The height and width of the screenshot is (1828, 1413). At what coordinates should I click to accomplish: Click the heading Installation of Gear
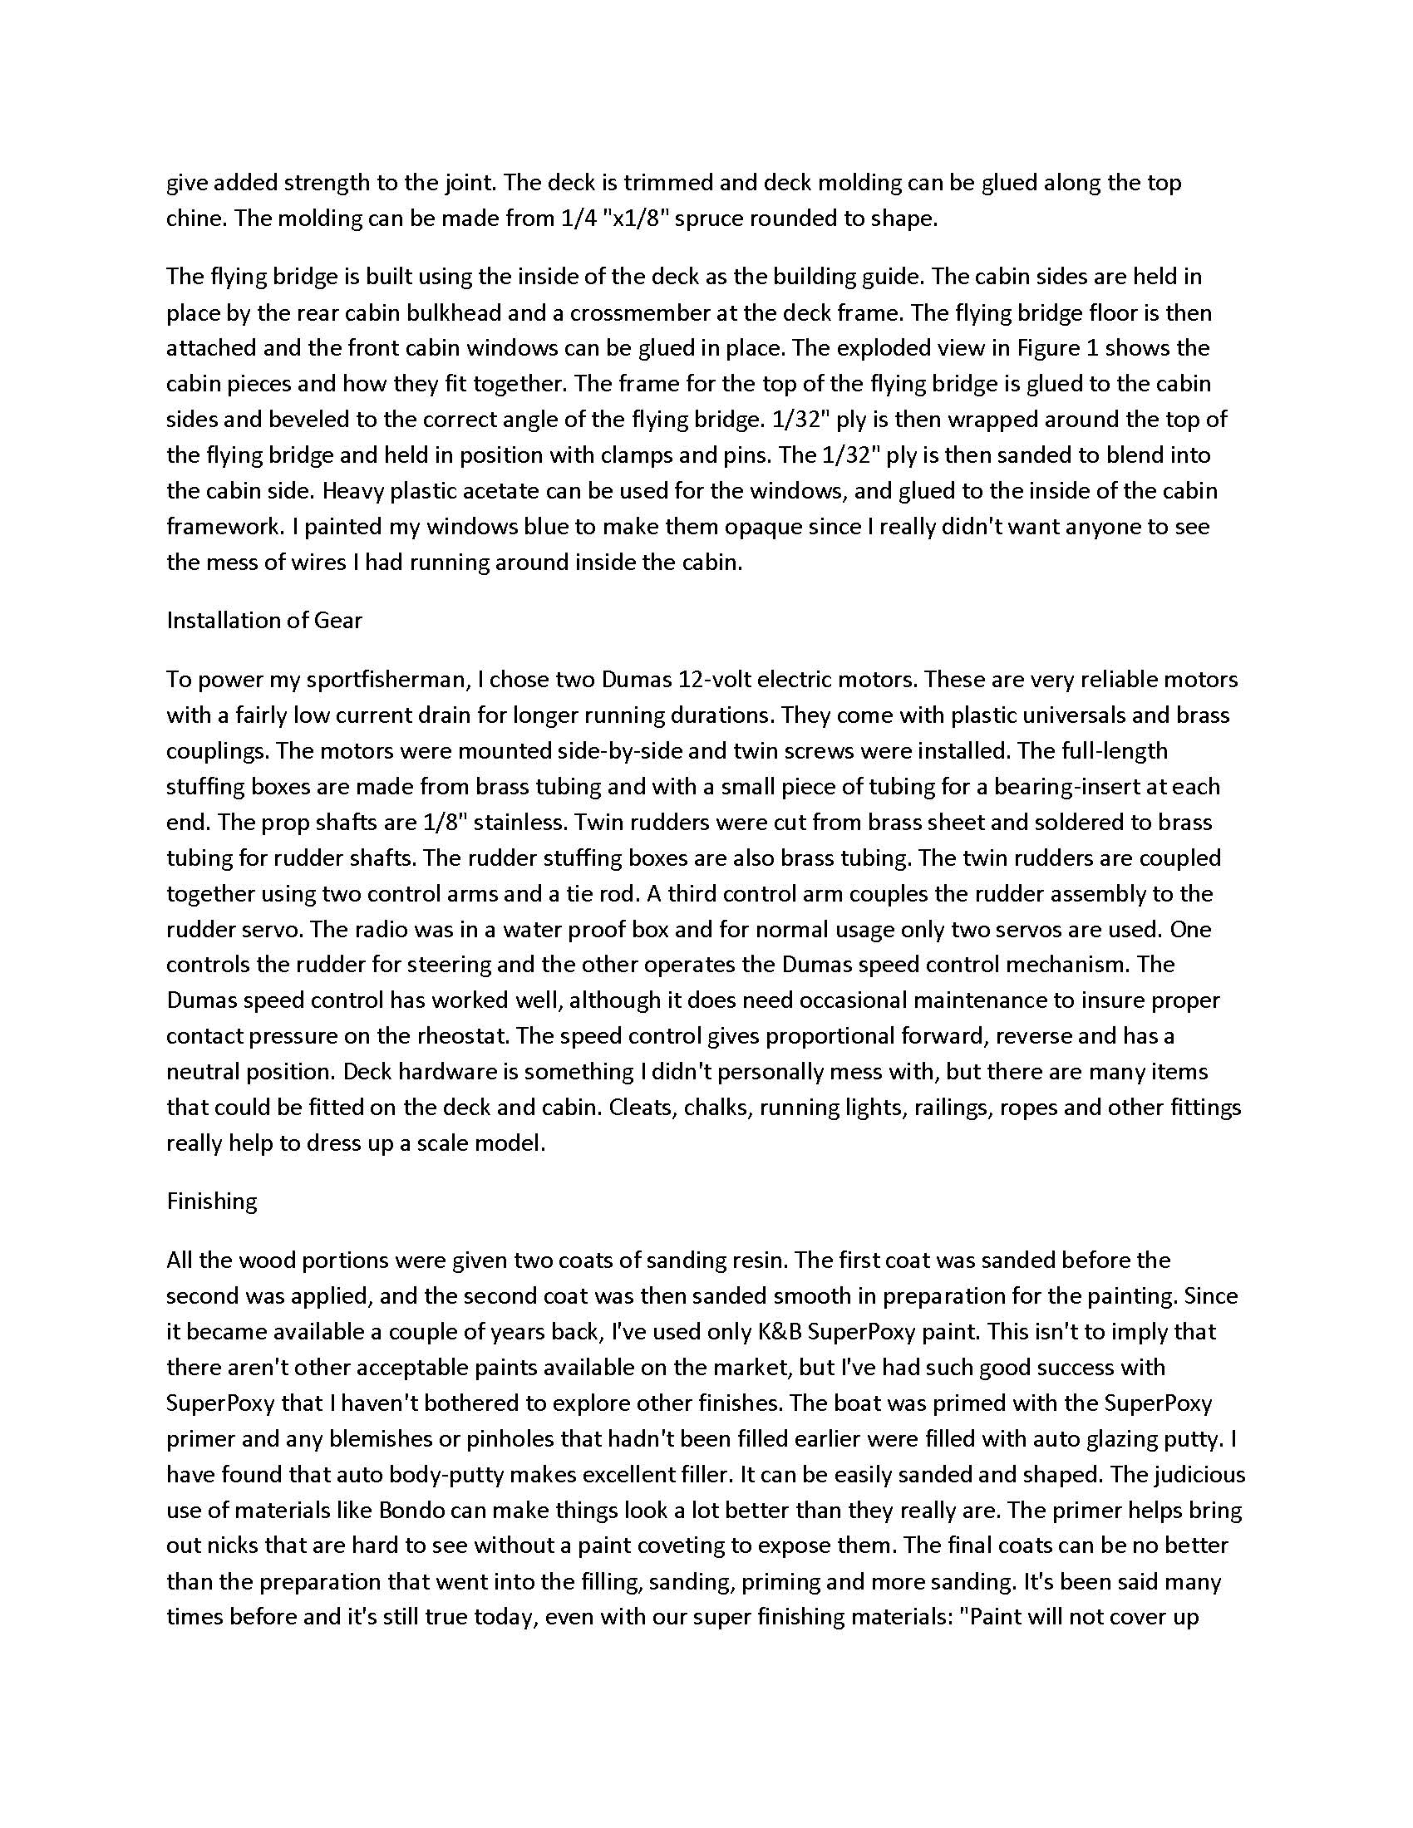263,620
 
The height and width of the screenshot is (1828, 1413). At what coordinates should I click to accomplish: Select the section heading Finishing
212,1201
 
